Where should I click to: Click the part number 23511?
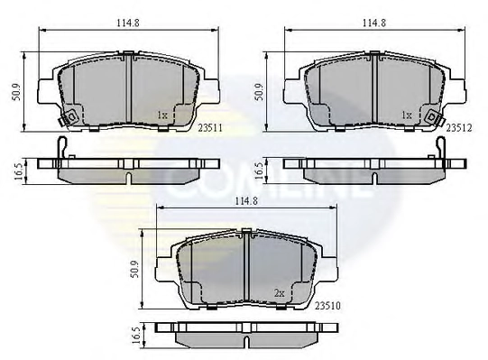pyautogui.click(x=210, y=128)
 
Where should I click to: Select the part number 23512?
pyautogui.click(x=459, y=128)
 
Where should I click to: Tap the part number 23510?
pyautogui.click(x=327, y=306)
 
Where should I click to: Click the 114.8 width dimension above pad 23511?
pyautogui.click(x=128, y=23)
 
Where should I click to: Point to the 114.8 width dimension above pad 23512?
pyautogui.click(x=374, y=23)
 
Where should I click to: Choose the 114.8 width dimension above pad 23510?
pyautogui.click(x=246, y=201)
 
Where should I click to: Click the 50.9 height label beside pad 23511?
pyautogui.click(x=16, y=92)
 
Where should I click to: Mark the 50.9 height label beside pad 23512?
pyautogui.click(x=259, y=92)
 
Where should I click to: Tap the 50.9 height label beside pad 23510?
pyautogui.click(x=134, y=270)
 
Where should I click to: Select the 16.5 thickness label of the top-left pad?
pyautogui.click(x=19, y=171)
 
